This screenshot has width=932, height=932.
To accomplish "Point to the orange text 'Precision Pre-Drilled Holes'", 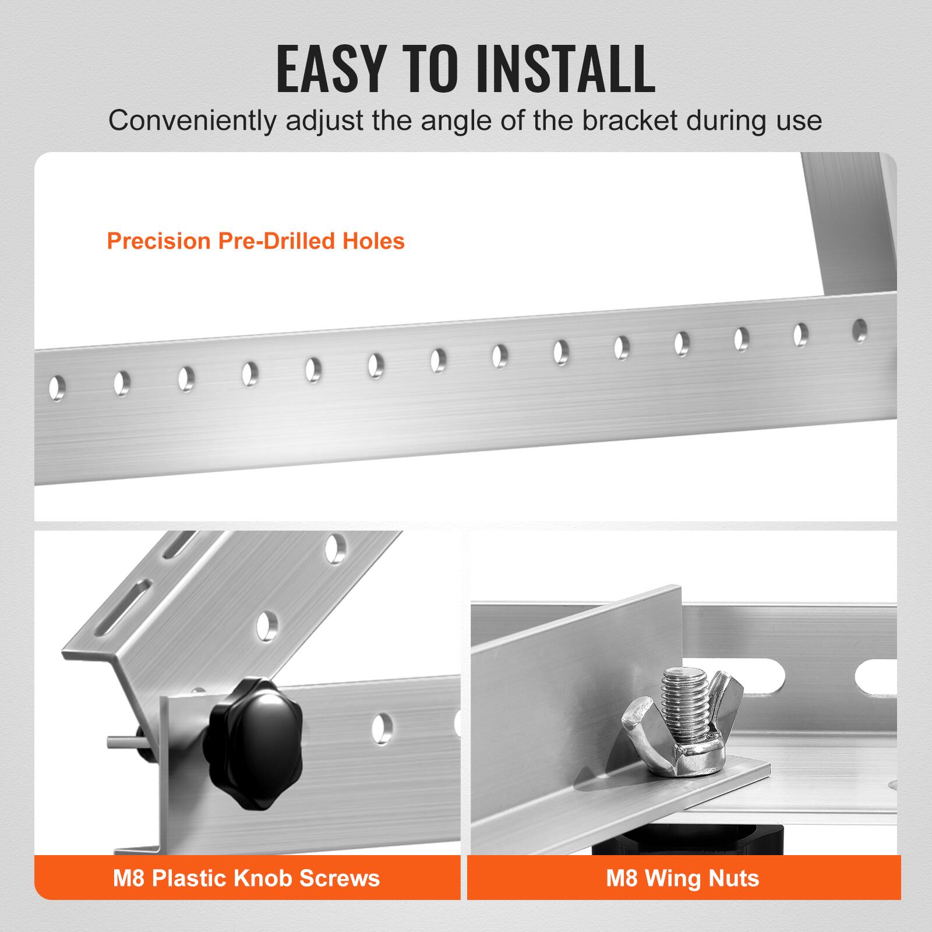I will coord(256,241).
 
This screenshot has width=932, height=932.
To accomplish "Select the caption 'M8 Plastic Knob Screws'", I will coord(246,878).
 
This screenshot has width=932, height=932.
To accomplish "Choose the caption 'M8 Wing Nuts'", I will coord(683,878).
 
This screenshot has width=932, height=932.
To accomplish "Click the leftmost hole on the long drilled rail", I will coord(57,388).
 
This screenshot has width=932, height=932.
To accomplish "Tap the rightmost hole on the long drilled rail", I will coord(859,330).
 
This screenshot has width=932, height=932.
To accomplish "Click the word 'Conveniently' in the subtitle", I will coord(192,121).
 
